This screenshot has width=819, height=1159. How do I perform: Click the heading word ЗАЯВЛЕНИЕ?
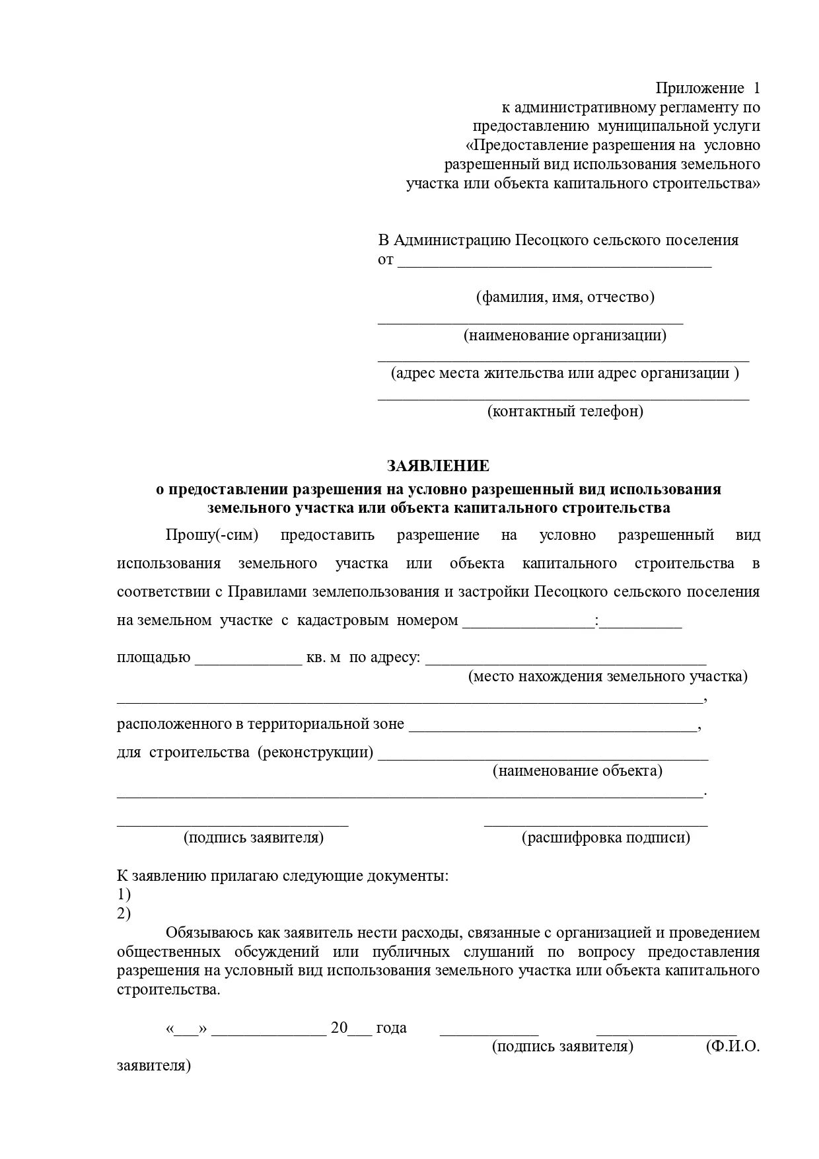(x=438, y=466)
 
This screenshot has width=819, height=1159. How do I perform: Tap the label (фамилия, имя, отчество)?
(x=565, y=297)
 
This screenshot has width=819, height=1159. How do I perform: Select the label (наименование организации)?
(x=565, y=335)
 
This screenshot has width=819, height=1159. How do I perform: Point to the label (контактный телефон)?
(x=565, y=411)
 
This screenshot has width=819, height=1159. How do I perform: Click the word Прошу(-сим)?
(x=211, y=535)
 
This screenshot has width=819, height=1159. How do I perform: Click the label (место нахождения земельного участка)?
(x=608, y=676)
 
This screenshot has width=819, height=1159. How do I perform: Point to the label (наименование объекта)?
(x=577, y=770)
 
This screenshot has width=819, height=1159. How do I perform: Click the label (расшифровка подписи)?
(x=606, y=837)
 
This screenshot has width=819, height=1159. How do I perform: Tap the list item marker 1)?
(x=124, y=895)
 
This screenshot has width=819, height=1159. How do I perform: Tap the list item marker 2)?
(x=124, y=914)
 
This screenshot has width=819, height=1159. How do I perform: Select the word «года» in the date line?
(x=391, y=1028)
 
